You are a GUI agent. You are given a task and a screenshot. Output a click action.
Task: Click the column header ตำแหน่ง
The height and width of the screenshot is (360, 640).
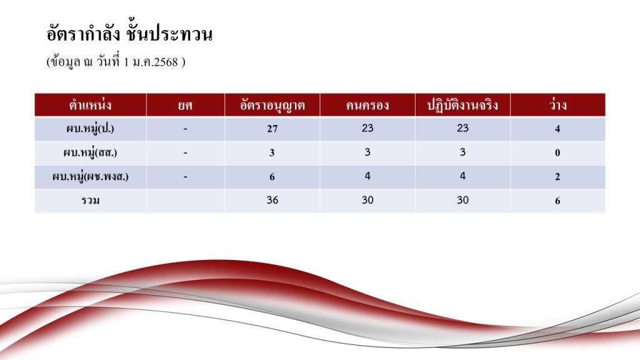coord(90,105)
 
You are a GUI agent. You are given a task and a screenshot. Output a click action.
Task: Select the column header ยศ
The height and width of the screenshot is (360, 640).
coord(185,105)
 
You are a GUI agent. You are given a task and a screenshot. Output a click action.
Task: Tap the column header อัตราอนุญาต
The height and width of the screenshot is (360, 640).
coord(272,105)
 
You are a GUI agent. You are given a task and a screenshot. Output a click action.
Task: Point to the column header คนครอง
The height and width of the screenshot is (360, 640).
coord(367,106)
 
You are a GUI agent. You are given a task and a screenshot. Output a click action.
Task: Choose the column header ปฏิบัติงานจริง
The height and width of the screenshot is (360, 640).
coord(462,105)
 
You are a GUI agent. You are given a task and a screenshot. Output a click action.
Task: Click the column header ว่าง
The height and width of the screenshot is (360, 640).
coord(557,105)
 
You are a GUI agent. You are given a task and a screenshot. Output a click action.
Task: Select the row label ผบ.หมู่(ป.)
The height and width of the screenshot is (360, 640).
coord(90,129)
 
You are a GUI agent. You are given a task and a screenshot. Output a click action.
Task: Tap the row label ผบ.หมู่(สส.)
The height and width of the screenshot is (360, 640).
coord(90,153)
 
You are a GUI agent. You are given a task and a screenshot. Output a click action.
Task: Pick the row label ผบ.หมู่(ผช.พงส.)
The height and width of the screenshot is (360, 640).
coord(90,177)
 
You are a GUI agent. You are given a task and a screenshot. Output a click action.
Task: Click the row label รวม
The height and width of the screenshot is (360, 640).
coord(90,201)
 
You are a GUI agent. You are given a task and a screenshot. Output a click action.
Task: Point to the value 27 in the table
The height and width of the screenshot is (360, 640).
coord(272,129)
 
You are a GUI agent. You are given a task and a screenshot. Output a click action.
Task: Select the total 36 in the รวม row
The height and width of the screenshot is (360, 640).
coord(272,200)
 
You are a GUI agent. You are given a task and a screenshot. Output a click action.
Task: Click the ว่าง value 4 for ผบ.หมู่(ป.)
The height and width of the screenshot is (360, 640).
coord(557,129)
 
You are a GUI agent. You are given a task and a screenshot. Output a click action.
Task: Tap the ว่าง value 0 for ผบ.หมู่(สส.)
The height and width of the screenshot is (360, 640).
coord(557,153)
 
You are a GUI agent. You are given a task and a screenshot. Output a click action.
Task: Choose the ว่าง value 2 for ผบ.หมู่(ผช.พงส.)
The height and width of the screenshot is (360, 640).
coord(557,177)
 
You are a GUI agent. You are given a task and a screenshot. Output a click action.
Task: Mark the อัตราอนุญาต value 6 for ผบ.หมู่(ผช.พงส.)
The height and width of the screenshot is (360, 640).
coord(272,177)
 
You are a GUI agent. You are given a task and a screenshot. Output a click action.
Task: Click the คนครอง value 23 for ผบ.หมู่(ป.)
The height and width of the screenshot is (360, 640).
coord(367,128)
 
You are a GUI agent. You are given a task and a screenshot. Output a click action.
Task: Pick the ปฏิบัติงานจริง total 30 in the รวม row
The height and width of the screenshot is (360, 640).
coord(462,200)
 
